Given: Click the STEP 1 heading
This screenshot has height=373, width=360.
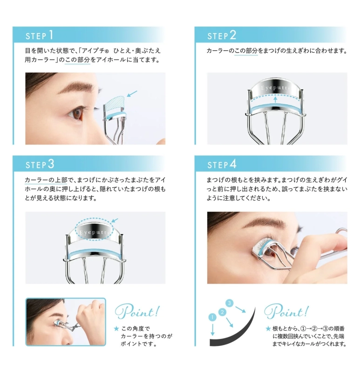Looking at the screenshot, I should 39,35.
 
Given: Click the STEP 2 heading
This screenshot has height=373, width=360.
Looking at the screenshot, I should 222,35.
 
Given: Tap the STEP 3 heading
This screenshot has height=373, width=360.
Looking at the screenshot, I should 40,164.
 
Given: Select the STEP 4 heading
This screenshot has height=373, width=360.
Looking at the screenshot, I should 222,164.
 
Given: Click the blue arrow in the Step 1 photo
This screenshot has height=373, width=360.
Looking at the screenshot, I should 132,94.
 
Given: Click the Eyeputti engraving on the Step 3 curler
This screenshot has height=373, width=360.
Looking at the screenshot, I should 95,231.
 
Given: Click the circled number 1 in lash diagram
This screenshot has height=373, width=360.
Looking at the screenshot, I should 213,318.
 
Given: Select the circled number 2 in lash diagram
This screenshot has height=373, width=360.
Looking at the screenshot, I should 223,312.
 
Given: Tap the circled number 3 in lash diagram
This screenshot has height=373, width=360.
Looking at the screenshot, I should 230,303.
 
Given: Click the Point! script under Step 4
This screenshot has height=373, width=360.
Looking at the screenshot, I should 285,311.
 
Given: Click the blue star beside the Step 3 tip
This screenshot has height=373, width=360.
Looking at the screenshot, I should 116,328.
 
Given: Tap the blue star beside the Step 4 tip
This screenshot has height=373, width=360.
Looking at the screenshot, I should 268,328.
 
